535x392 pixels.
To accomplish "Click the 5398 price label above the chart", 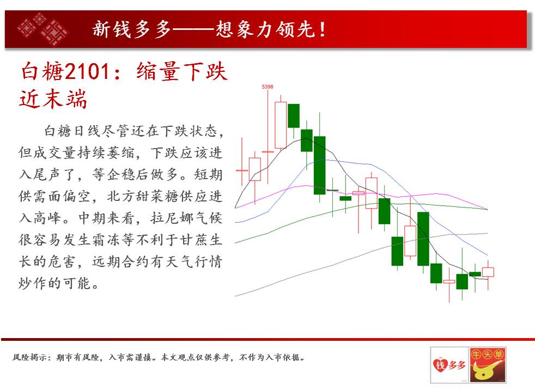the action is click(267, 87).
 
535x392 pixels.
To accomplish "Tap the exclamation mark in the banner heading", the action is click(322, 29).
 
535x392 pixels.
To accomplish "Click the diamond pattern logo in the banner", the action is click(42, 29).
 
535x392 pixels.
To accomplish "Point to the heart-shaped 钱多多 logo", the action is click(449, 365).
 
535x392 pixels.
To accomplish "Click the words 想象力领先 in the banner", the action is click(265, 29).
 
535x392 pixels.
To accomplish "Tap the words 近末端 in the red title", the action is click(53, 99).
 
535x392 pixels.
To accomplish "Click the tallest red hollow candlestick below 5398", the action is click(281, 125).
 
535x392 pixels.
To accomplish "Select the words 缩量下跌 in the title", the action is click(181, 71).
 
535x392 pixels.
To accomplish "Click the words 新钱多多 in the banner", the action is click(132, 29).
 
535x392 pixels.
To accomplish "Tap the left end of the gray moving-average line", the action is click(235, 296).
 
